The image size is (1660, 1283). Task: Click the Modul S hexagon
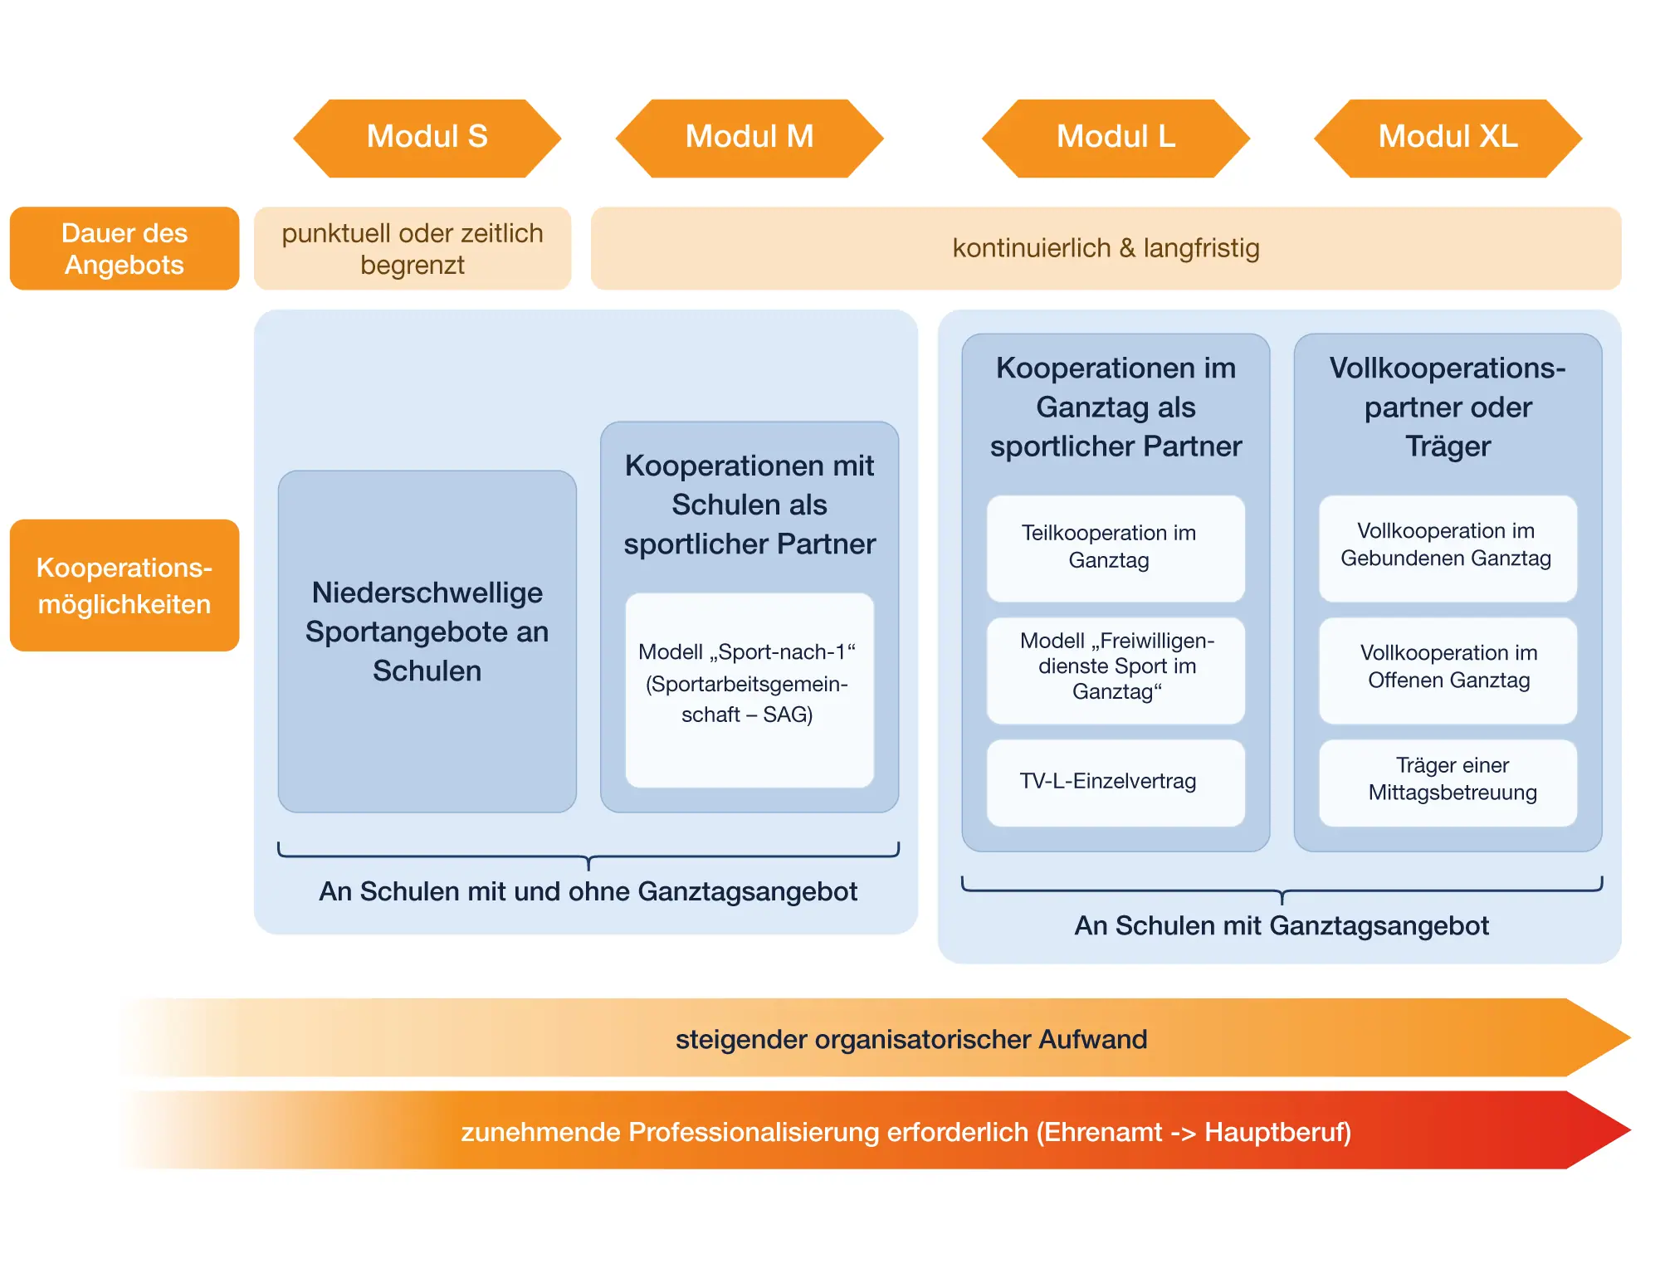click(427, 138)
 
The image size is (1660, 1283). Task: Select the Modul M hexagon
click(749, 138)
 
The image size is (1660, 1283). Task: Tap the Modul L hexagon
click(1116, 138)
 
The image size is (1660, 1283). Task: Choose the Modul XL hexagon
click(1448, 138)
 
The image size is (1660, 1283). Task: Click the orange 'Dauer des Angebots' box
click(124, 248)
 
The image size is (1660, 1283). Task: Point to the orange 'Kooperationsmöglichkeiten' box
click(124, 585)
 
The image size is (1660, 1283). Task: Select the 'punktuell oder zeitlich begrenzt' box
click(413, 248)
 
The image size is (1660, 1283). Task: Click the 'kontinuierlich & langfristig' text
click(1106, 248)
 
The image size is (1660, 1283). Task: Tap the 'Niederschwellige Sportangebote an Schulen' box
click(427, 641)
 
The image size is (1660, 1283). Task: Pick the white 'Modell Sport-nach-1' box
click(749, 690)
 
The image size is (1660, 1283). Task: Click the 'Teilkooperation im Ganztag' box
click(1116, 549)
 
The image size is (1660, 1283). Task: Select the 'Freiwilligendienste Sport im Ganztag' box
click(1116, 671)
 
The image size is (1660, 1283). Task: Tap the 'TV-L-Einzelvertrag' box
click(1116, 783)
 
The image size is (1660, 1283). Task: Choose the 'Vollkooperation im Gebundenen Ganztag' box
click(1448, 549)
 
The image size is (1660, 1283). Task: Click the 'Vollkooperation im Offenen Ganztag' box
click(1448, 671)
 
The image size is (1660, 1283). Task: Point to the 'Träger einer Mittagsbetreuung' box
click(1448, 783)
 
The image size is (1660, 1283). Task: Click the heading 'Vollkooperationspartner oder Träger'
click(1448, 407)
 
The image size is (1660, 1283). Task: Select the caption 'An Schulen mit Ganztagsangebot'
click(1282, 925)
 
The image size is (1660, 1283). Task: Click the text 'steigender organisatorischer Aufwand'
click(911, 1039)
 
